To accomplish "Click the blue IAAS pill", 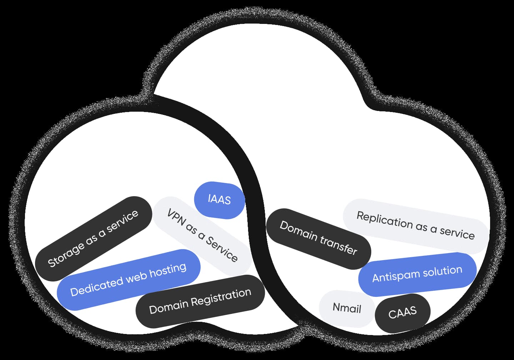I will click(x=219, y=199).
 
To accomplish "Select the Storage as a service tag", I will click(x=94, y=238).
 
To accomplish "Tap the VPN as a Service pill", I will click(x=202, y=235).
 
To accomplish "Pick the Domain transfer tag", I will click(x=318, y=238).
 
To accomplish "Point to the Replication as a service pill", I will click(x=415, y=225).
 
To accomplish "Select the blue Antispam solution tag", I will click(x=417, y=274).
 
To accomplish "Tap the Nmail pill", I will click(x=347, y=308).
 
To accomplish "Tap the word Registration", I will click(x=221, y=297).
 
